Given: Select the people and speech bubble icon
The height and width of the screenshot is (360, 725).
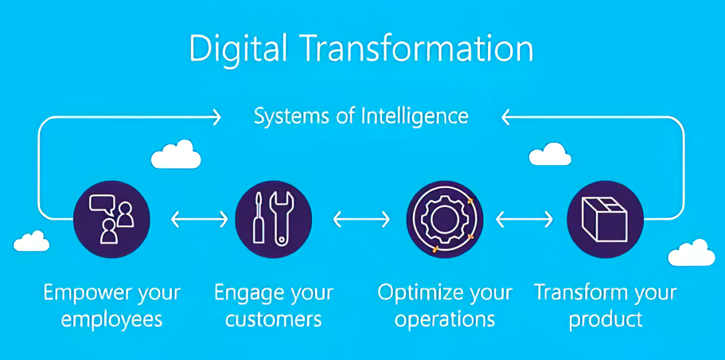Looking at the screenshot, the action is (x=111, y=219).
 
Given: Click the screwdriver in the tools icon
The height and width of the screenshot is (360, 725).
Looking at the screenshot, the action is (x=259, y=218).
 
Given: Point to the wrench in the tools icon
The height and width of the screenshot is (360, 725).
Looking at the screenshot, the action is (x=281, y=218).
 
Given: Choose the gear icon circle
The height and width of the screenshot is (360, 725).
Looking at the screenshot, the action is (x=445, y=219).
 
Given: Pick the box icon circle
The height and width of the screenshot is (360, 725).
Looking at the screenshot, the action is (x=605, y=219).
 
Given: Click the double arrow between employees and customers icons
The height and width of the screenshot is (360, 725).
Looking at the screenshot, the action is (x=200, y=220).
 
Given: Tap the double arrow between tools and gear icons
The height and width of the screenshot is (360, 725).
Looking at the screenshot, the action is (x=362, y=220).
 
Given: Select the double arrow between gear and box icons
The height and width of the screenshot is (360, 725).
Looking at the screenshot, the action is (x=524, y=220).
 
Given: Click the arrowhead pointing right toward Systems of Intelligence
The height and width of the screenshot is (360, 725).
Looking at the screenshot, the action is (x=216, y=117).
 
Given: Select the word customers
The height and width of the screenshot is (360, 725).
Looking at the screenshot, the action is (x=274, y=320).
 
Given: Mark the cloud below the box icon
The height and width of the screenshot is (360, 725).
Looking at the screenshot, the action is (x=691, y=253).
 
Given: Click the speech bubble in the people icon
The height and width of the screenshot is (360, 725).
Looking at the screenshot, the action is (x=102, y=204).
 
